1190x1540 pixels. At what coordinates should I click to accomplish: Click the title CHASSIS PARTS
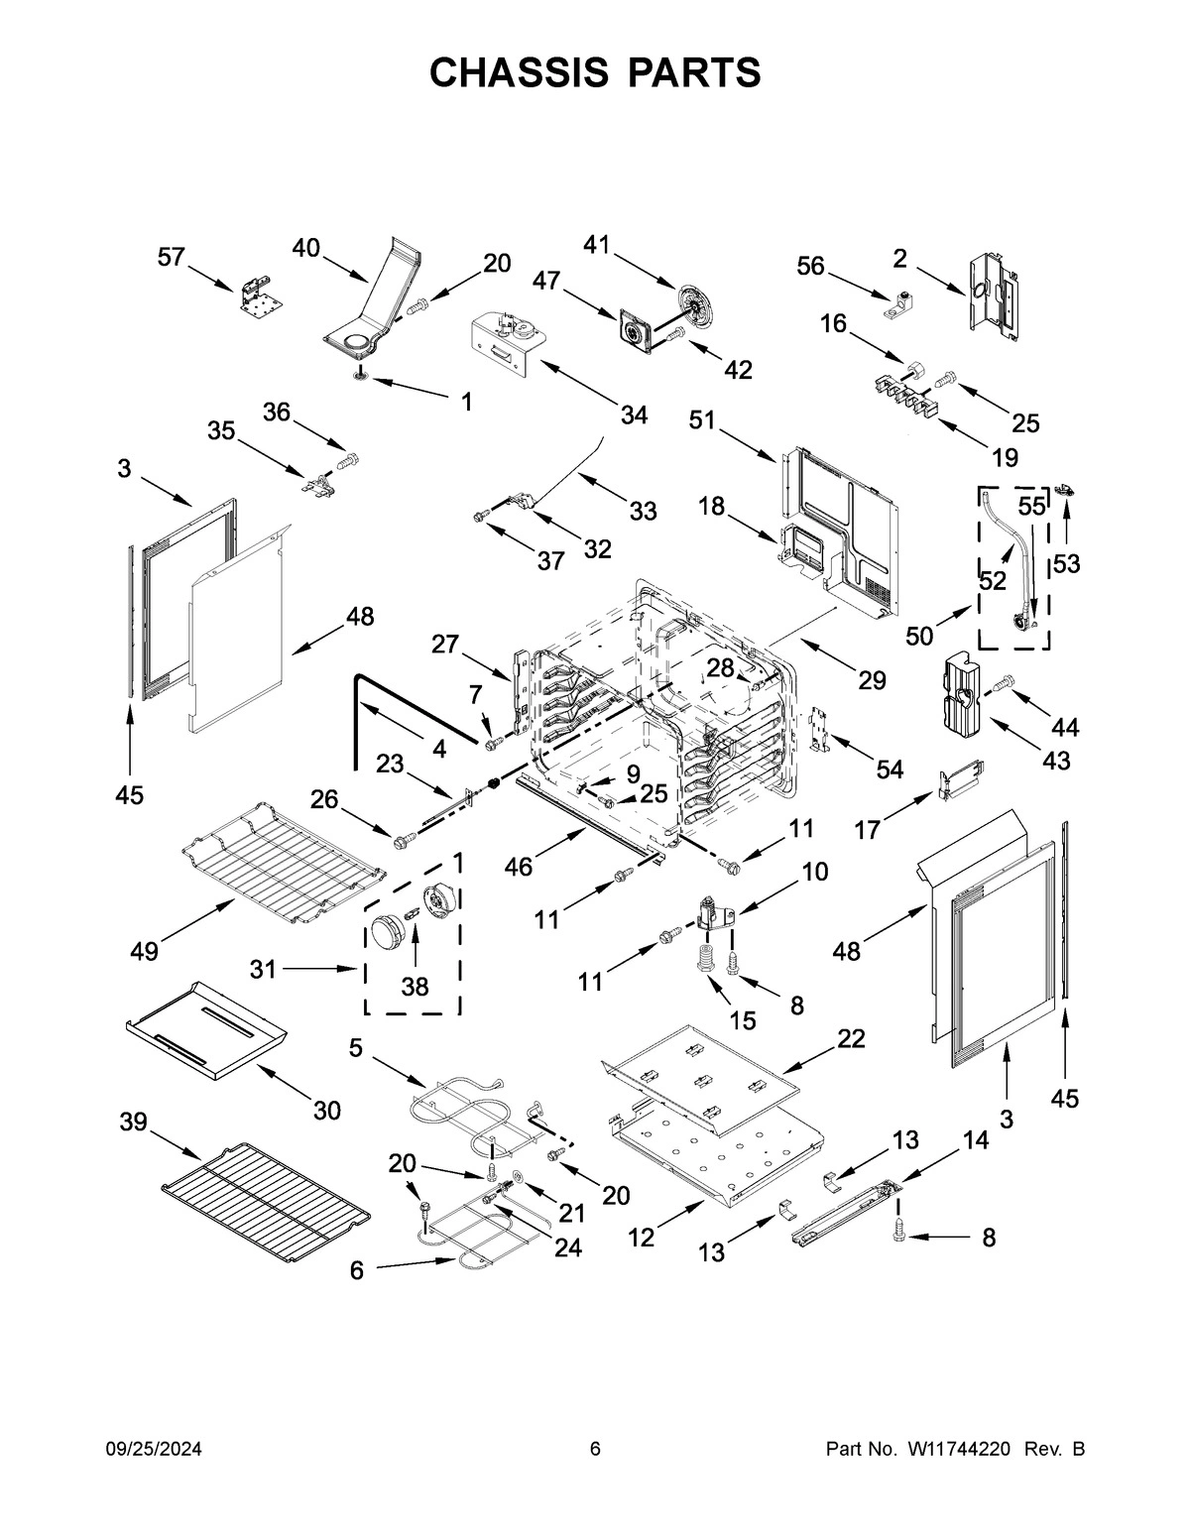coord(595,72)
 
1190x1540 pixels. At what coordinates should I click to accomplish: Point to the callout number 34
coord(634,415)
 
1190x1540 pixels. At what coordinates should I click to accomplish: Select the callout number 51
coord(703,421)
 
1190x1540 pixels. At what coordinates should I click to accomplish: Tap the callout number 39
coord(134,1122)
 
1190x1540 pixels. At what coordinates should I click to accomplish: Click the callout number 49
coord(145,952)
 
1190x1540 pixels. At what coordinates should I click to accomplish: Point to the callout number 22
coord(851,1038)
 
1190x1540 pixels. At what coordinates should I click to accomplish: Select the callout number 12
coord(642,1237)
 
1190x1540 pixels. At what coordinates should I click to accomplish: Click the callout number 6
coord(357,1270)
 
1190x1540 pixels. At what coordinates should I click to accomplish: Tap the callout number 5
coord(356,1047)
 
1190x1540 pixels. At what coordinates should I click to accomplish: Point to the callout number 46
coord(518,867)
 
